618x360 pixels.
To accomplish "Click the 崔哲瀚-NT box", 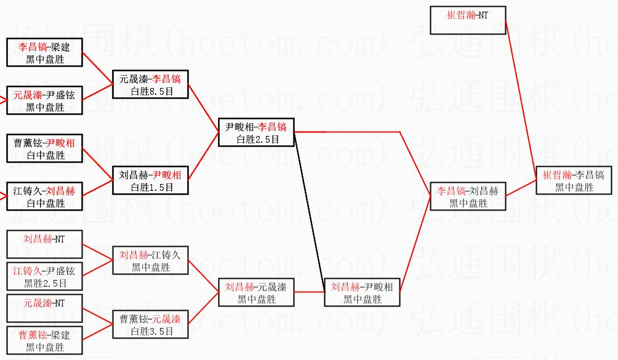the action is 468,20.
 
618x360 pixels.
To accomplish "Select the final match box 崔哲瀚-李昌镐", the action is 574,180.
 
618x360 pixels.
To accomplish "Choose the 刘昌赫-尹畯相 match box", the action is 363,292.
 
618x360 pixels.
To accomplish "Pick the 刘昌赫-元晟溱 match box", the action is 257,292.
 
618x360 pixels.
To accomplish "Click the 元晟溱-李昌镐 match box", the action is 150,84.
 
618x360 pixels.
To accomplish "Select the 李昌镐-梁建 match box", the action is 45,52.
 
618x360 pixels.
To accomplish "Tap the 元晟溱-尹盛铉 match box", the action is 45,100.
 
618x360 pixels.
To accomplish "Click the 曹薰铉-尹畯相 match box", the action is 45,148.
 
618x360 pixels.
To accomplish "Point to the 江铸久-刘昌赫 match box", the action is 45,196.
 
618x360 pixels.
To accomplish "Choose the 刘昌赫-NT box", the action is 44,245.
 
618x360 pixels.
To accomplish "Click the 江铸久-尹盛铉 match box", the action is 44,276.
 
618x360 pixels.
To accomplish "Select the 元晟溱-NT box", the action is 44,308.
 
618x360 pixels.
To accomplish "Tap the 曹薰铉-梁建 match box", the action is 44,340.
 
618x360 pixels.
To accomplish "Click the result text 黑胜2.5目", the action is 45,283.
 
